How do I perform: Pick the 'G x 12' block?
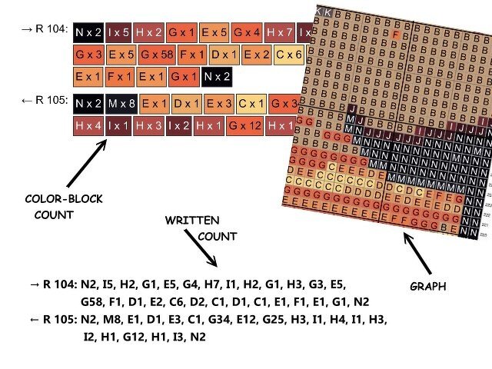(244, 125)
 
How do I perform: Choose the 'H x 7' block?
(279, 32)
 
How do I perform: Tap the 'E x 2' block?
(257, 55)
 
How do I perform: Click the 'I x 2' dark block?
(179, 125)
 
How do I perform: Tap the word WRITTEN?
(191, 221)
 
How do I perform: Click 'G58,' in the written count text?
(97, 301)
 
